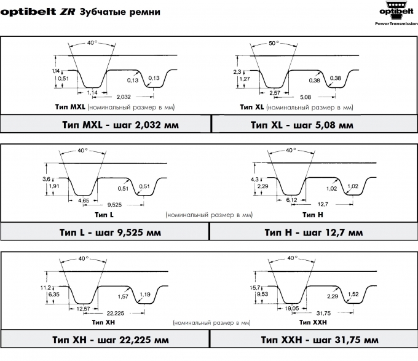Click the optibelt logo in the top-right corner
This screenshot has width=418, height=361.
(x=396, y=13)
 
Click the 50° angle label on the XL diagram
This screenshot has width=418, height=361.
(x=274, y=43)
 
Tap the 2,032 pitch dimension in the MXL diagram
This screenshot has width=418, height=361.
(x=124, y=97)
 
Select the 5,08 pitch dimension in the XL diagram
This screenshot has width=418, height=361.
(x=306, y=97)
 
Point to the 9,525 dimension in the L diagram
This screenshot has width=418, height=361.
(x=114, y=205)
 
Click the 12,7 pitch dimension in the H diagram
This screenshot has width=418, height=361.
(x=323, y=204)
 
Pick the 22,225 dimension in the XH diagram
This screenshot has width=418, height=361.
(x=116, y=313)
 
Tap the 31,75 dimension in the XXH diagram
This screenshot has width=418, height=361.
(x=323, y=313)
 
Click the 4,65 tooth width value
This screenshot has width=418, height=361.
(x=84, y=200)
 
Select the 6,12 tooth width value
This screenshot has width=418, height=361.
(x=291, y=200)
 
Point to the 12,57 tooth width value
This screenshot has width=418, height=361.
(x=83, y=309)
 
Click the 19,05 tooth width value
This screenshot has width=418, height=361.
(x=292, y=308)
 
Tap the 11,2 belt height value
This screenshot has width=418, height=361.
(x=45, y=288)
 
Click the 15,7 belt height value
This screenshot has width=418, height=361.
(x=255, y=288)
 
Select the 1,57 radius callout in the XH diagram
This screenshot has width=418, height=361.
(x=123, y=296)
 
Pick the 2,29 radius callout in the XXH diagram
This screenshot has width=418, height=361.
(x=333, y=296)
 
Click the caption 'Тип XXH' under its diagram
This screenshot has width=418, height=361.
(x=313, y=322)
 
